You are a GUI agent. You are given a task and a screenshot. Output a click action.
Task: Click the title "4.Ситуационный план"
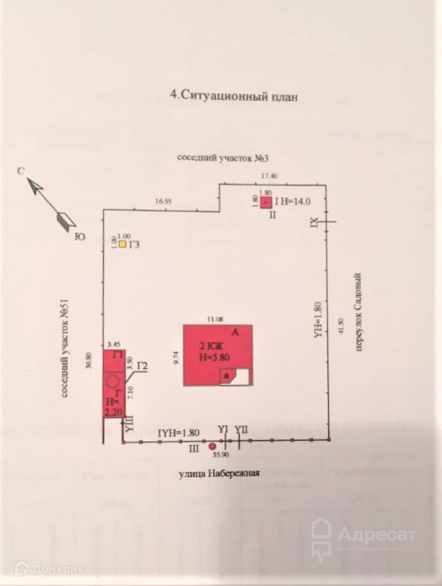point(233,95)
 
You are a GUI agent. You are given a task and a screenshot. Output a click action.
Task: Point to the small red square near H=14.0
point(266,202)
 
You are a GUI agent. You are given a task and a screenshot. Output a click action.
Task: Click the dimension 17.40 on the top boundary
point(269,176)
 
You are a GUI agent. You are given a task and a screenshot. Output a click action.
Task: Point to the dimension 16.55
point(162,202)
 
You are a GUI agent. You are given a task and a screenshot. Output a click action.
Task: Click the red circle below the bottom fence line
point(212,447)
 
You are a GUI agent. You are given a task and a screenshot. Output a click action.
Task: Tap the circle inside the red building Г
point(113,380)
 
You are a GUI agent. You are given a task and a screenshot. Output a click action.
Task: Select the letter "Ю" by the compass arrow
point(80,237)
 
